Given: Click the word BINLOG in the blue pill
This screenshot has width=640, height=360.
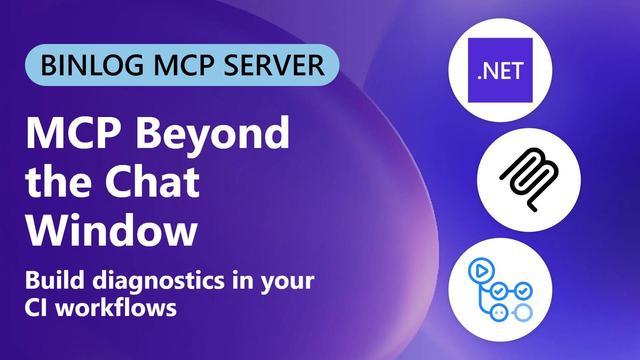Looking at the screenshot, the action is pos(92,65).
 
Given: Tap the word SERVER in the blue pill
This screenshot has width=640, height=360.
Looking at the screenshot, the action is pos(274,65).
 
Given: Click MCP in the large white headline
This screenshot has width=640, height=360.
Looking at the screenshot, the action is pos(75,133).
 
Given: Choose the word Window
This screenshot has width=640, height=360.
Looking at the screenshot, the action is pos(111,230).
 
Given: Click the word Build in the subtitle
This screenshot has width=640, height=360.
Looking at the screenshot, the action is pos(55,280).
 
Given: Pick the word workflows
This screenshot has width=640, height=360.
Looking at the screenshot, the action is pos(116,307).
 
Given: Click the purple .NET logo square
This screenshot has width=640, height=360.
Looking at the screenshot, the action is pos(500,70).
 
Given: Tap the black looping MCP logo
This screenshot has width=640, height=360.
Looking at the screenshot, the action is pos(529,180).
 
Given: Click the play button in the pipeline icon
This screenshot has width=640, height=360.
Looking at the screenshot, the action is pos(482,271).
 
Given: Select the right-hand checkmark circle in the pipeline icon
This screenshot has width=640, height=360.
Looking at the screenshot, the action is pos(523,291).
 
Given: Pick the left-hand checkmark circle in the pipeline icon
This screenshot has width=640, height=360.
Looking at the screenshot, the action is pos(498,291).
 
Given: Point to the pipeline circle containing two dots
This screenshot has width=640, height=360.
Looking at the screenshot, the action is pos(498,313).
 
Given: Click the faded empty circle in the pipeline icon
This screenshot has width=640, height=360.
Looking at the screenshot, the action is pos(523,313).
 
